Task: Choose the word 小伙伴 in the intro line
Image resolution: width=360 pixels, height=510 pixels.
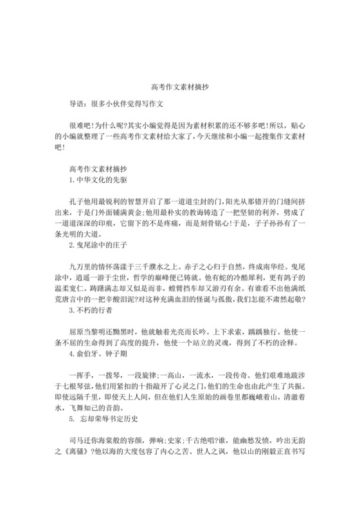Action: (116, 102)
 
